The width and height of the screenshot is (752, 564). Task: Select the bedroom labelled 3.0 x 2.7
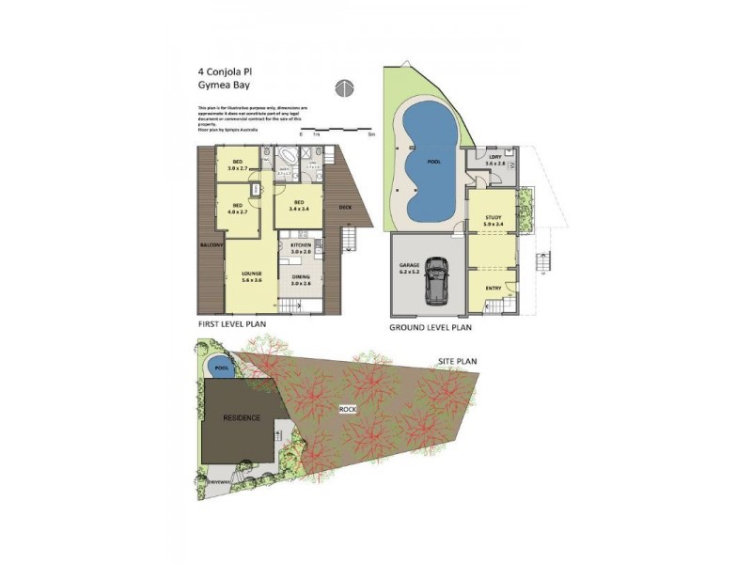pyautogui.click(x=238, y=166)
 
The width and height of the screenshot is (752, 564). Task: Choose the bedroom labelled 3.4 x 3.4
pyautogui.click(x=299, y=206)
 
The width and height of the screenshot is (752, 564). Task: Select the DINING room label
pyautogui.click(x=301, y=278)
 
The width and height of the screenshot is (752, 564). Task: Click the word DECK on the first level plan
pyautogui.click(x=345, y=207)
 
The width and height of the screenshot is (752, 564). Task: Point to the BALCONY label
pyautogui.click(x=211, y=245)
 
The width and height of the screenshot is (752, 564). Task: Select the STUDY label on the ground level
pyautogui.click(x=493, y=220)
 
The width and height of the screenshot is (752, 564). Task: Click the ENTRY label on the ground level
pyautogui.click(x=493, y=289)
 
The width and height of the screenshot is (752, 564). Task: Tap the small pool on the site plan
pyautogui.click(x=221, y=368)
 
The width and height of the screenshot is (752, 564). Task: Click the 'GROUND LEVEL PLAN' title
pyautogui.click(x=430, y=329)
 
